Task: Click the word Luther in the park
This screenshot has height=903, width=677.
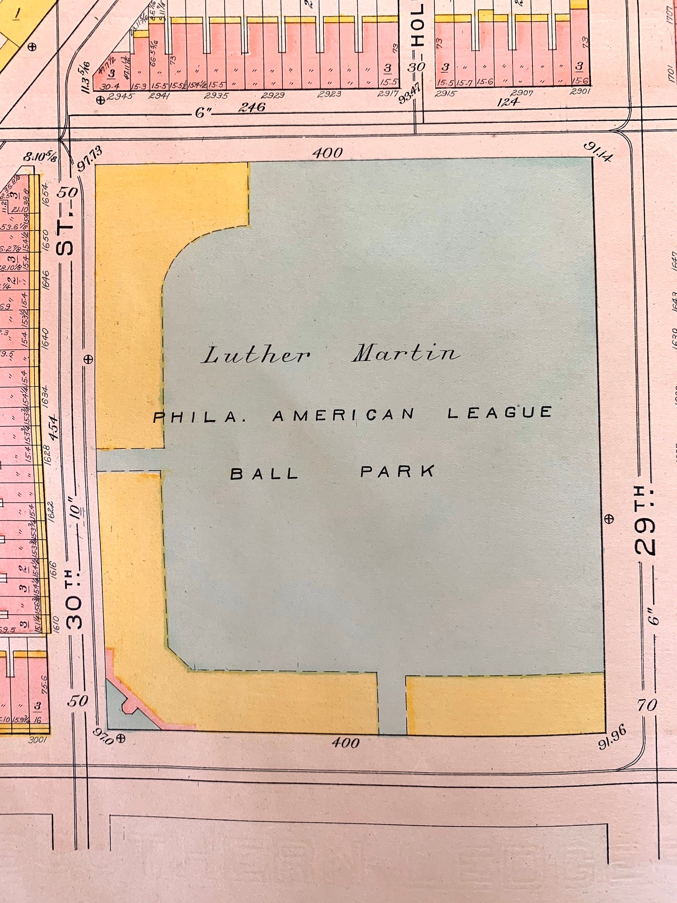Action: (256, 355)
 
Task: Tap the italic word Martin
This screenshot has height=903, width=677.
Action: (406, 353)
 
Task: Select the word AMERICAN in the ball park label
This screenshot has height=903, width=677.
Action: (343, 415)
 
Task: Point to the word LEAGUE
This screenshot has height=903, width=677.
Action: (499, 412)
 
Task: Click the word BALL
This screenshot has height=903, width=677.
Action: (264, 474)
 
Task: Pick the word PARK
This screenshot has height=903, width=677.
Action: (397, 471)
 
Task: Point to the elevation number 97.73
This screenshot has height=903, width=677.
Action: (90, 158)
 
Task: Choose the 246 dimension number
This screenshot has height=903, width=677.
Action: (252, 107)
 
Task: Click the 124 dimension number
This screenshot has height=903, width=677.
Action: (508, 102)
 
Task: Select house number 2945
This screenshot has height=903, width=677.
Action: (121, 97)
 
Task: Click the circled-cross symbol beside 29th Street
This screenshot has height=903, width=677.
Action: (609, 519)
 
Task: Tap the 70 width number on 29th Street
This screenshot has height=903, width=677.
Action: (647, 705)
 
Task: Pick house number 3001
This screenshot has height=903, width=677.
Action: (37, 740)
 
